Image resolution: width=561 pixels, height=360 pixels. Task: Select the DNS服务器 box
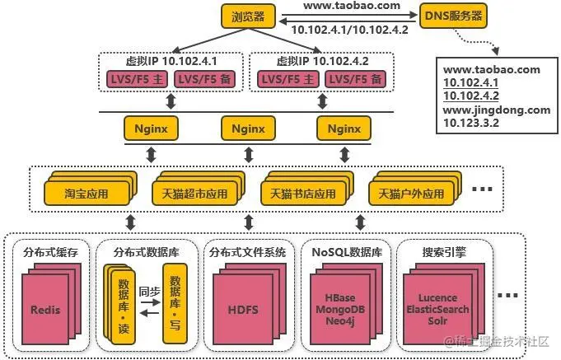[452, 15]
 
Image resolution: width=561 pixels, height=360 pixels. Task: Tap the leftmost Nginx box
[151, 129]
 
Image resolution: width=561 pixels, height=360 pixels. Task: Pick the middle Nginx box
[248, 129]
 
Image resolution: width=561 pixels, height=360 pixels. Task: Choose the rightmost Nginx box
[344, 129]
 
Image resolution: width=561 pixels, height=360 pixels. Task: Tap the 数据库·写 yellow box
[174, 298]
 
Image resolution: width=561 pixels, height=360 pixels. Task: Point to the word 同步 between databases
[149, 291]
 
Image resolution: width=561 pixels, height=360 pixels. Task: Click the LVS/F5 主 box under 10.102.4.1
[136, 79]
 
